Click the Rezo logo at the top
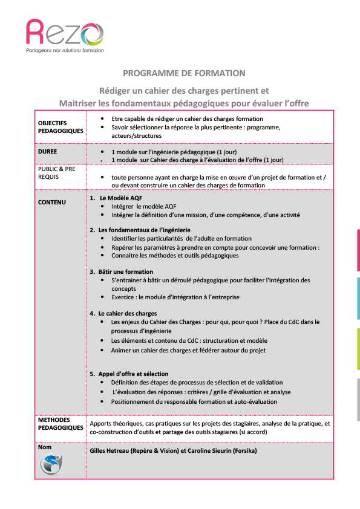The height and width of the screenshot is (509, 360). tap(65, 33)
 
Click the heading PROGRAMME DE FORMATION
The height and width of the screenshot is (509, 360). tap(184, 73)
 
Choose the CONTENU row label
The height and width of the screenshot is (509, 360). tap(52, 202)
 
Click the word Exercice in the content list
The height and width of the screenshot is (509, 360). tap(125, 297)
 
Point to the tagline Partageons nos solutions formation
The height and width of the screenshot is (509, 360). tap(65, 50)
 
